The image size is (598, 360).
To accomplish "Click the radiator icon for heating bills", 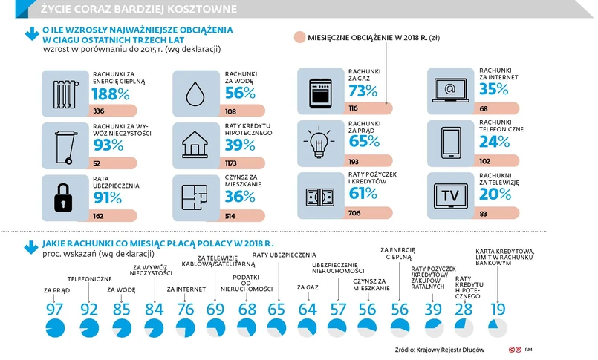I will click(x=65, y=92).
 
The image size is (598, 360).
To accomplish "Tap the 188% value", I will click(x=111, y=94).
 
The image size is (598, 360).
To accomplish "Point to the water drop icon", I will click(x=195, y=92).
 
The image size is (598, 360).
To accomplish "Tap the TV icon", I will click(x=451, y=194).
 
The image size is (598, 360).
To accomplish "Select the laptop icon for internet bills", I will click(x=451, y=91).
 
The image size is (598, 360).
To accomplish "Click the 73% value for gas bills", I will click(x=363, y=91).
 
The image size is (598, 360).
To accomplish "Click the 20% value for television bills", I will click(x=495, y=194).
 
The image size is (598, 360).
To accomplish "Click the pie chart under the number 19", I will click(x=497, y=327).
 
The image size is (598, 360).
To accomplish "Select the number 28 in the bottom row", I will click(x=464, y=309).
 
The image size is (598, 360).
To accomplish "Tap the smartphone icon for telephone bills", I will click(x=451, y=143).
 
